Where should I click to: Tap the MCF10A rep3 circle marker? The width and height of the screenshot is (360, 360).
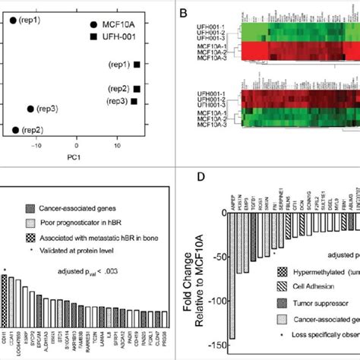pos(30,109)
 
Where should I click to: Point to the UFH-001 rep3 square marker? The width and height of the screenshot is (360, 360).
pos(134,100)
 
